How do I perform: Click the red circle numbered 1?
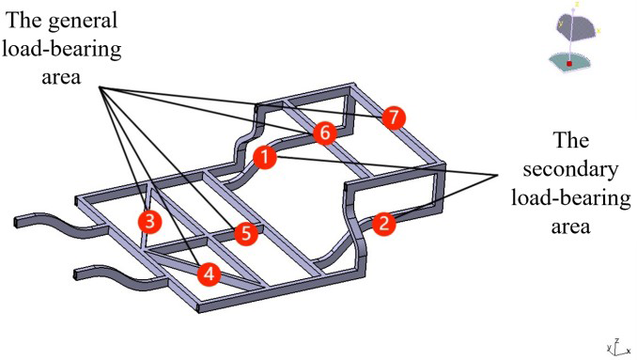[265, 157]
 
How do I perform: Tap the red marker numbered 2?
[384, 224]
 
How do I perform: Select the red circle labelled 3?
[149, 222]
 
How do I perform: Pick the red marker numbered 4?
[209, 274]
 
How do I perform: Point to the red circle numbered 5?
[246, 234]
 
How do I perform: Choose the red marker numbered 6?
[324, 133]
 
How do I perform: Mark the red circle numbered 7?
[394, 117]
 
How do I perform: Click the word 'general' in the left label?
[84, 21]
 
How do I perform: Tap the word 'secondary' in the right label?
[570, 168]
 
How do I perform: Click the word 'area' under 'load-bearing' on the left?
[61, 76]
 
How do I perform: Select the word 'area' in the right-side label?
[570, 227]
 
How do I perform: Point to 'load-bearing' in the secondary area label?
[571, 198]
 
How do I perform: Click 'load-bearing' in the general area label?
[61, 50]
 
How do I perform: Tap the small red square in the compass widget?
[569, 64]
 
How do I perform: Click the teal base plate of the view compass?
[569, 62]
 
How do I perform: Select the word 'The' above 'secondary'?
[570, 141]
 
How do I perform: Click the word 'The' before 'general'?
[24, 20]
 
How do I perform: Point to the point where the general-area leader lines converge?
[100, 87]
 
